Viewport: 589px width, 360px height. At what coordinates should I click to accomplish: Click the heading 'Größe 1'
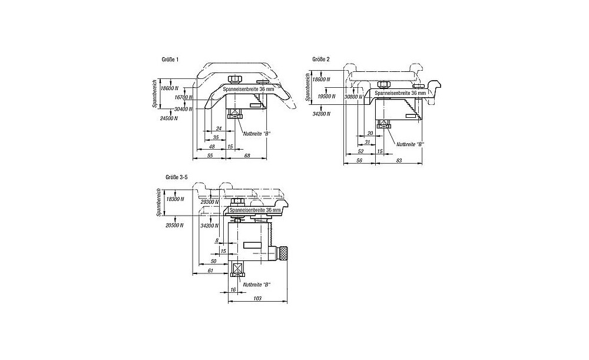(170, 60)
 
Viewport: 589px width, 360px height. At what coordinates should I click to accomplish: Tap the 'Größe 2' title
(322, 60)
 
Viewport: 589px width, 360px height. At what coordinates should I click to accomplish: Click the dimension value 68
(247, 155)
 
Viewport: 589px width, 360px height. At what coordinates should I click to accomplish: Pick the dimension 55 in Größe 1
(210, 155)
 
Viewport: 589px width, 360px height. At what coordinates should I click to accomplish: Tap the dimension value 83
(399, 160)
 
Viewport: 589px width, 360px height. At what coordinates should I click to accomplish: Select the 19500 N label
(325, 96)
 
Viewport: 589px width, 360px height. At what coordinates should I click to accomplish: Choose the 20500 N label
(176, 225)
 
